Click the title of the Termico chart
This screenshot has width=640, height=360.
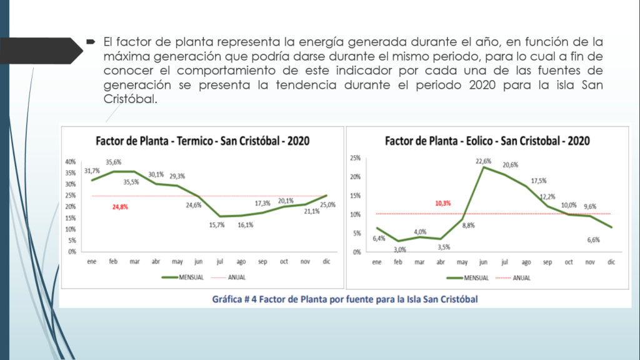click(202, 141)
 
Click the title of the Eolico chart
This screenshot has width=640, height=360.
click(487, 141)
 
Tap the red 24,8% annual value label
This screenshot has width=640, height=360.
click(122, 206)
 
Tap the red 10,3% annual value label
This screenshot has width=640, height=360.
click(442, 203)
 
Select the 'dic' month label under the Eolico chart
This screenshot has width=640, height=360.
click(611, 262)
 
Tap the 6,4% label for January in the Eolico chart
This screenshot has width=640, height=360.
click(379, 238)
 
